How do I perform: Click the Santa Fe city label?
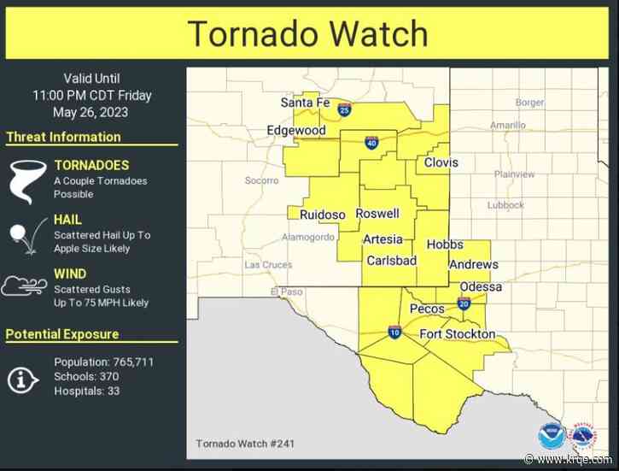coord(305,103)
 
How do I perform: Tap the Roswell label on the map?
coord(377,214)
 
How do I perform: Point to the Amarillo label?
coord(508,125)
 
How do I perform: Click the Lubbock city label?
coord(505,205)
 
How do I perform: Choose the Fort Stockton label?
coord(457,333)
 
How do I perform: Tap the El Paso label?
coord(288,292)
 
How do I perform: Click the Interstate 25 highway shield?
coord(344,109)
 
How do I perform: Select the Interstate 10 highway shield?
coord(394,331)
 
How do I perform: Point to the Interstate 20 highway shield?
coord(464,303)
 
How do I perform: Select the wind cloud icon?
coord(24,286)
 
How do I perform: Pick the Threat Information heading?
coord(63,137)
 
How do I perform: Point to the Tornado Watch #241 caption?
coord(247,443)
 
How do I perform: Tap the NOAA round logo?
coord(552,437)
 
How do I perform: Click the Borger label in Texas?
coord(529,103)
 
